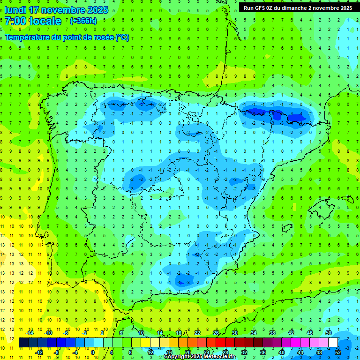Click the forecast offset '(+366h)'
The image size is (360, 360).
click(x=83, y=21)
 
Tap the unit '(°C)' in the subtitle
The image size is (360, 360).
click(x=122, y=37)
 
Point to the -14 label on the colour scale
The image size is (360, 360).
click(x=30, y=333)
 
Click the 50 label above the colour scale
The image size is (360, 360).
click(x=328, y=333)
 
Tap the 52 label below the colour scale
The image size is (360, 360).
click(x=338, y=352)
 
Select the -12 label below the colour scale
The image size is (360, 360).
click(x=39, y=352)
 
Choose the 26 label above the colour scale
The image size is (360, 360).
click(x=216, y=333)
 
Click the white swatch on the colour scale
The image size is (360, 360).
click(x=333, y=343)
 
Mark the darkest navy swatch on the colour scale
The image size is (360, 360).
click(x=23, y=343)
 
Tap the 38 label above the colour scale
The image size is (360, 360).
click(x=272, y=333)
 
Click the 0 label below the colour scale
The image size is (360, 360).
click(x=93, y=352)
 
